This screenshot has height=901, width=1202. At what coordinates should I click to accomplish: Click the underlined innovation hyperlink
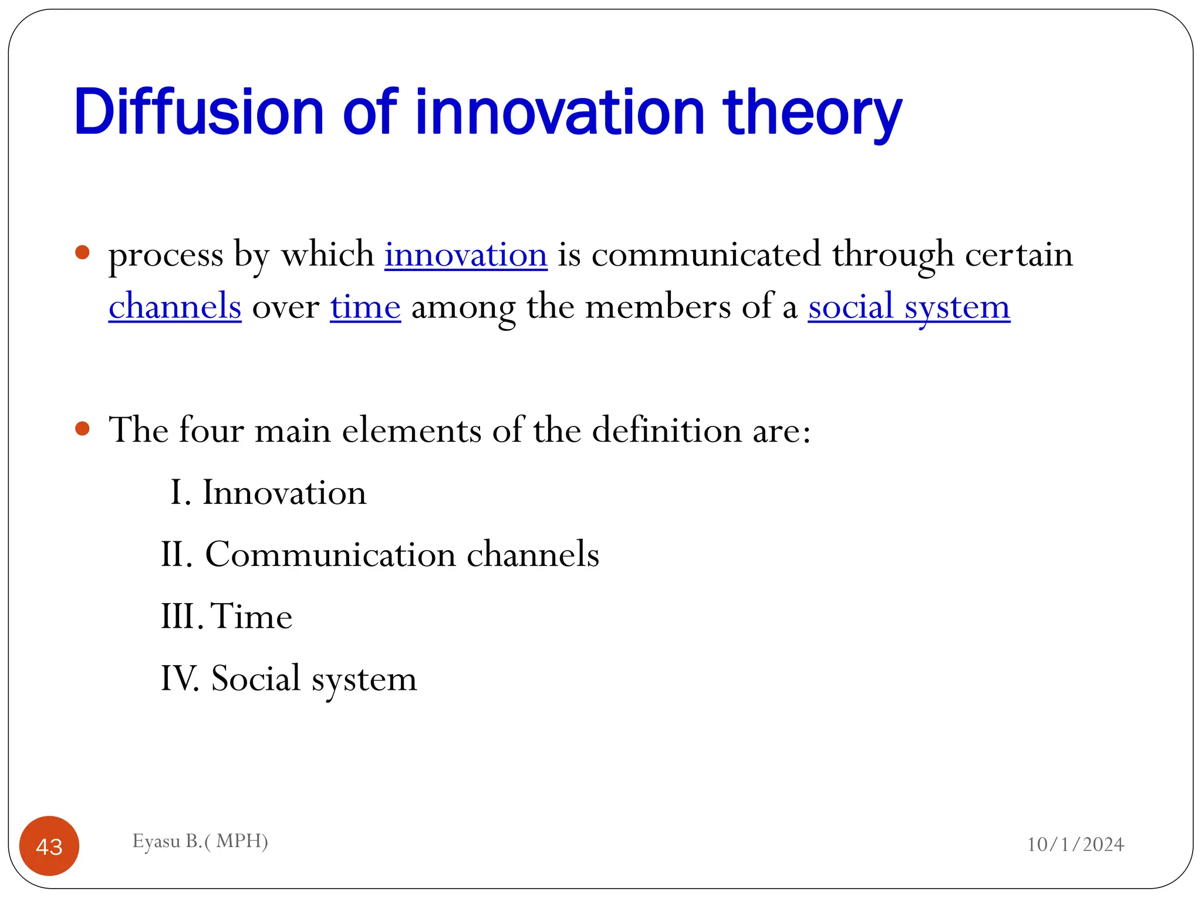click(466, 255)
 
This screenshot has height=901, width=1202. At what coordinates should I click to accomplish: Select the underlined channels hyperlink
click(175, 307)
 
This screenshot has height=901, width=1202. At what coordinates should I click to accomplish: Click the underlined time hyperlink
click(365, 307)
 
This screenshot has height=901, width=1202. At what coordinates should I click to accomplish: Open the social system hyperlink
click(909, 307)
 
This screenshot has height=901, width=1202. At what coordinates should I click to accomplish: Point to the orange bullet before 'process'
click(83, 253)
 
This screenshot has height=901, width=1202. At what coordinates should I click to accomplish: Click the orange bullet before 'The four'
click(83, 429)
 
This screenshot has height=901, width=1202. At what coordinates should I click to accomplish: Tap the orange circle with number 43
click(49, 846)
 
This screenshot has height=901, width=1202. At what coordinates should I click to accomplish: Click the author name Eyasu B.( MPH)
click(200, 841)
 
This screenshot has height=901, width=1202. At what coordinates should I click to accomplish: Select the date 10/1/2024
click(1075, 844)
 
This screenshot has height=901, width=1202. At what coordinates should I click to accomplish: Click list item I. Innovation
click(268, 492)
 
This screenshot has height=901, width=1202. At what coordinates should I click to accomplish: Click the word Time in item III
click(251, 616)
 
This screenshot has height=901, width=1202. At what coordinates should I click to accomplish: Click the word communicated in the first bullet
click(706, 255)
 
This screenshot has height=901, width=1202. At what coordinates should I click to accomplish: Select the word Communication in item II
click(330, 554)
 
